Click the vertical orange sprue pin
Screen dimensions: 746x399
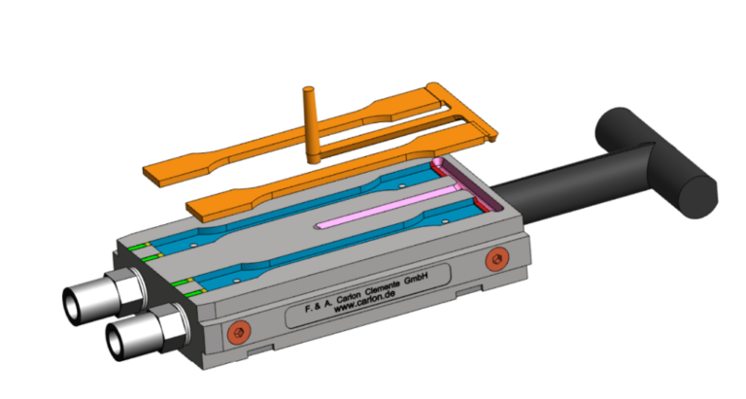(x=310, y=123)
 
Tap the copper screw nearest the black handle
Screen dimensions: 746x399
(x=497, y=258)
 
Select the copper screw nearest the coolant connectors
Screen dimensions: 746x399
(x=239, y=332)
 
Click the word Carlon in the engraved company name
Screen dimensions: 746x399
(x=349, y=298)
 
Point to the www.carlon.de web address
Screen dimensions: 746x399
(x=364, y=301)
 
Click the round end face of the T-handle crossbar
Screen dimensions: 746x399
(x=697, y=197)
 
